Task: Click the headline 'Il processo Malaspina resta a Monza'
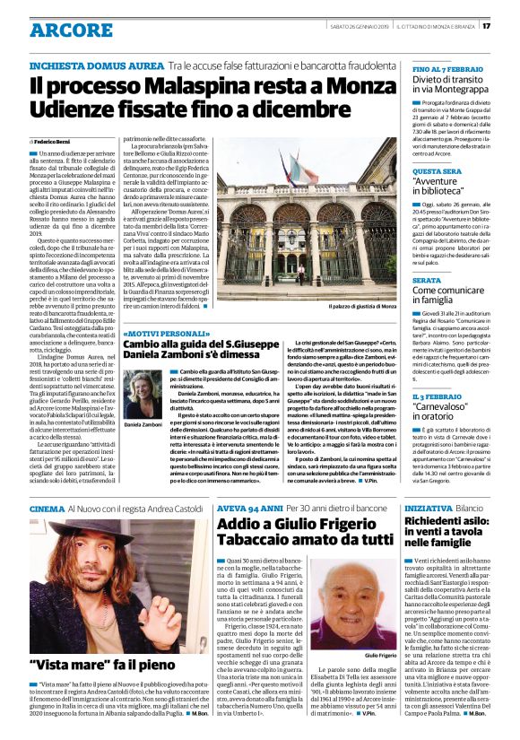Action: [187, 86]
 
